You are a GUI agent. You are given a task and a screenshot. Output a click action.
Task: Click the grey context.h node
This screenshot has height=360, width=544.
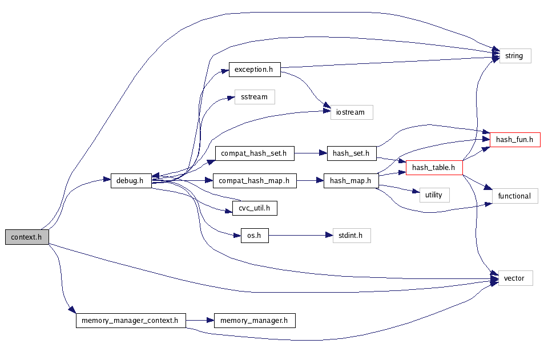pos(27,237)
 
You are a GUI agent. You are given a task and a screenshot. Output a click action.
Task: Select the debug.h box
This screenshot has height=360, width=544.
pos(130,180)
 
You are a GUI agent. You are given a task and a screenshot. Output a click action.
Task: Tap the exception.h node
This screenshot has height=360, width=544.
pos(255,70)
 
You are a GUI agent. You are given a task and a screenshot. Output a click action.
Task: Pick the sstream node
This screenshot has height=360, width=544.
pos(255,97)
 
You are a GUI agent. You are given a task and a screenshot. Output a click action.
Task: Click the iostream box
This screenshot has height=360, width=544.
pos(351,112)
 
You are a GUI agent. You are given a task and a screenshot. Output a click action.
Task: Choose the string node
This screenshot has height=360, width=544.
pos(515,56)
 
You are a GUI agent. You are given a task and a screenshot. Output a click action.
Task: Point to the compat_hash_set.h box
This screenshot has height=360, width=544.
pos(254,153)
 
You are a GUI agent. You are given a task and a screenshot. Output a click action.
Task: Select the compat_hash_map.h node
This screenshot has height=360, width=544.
pos(255,181)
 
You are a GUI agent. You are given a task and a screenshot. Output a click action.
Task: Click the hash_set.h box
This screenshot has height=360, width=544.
pos(352,153)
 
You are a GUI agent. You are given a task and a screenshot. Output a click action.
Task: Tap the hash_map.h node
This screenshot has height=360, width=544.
pos(351,181)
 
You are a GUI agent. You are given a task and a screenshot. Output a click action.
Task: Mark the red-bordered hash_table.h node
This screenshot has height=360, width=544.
pos(433,168)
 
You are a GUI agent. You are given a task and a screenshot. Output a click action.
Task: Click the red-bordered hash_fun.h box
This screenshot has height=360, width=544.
pos(514,139)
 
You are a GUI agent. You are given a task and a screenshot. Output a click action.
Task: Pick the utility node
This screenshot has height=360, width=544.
pos(434,195)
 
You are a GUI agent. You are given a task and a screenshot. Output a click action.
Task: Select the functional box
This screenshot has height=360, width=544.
pos(514,196)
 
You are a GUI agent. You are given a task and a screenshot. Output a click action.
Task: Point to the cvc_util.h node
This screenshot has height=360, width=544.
pos(255,209)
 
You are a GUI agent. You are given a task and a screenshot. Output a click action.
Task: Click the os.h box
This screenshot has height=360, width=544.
pos(251,235)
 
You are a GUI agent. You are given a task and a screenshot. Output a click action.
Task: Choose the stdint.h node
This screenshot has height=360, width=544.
pos(352,235)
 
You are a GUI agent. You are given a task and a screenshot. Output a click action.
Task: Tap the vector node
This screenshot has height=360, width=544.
pos(515,278)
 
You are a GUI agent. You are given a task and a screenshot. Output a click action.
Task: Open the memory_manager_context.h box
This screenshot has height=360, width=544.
pos(131,321)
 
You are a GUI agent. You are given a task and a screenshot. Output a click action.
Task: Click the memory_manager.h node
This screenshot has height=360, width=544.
pos(255,321)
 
